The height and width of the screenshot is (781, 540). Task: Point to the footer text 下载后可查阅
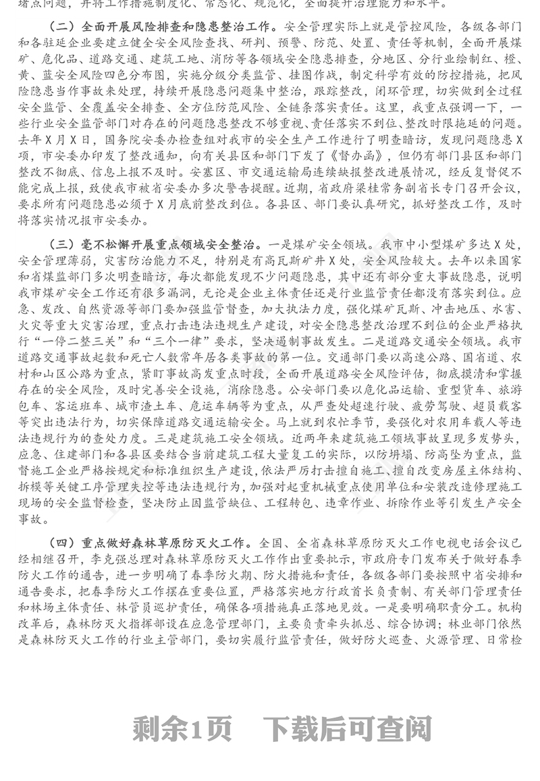point(348,728)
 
